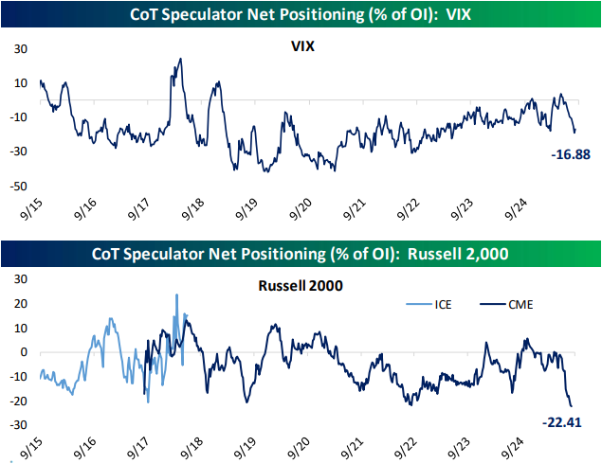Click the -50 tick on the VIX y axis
click(x=16, y=186)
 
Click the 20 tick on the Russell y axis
click(x=19, y=304)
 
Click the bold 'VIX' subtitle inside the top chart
click(x=302, y=45)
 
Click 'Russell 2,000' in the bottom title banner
click(x=459, y=253)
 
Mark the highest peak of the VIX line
click(x=180, y=59)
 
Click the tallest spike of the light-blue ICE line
click(x=176, y=294)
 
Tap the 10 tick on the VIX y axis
click(x=18, y=82)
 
